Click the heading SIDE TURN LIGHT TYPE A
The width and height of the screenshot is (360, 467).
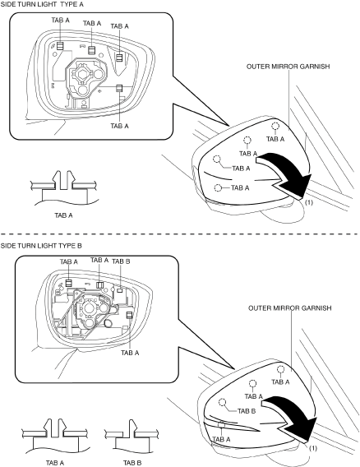[42, 4]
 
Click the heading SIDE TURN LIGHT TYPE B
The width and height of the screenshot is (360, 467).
[41, 246]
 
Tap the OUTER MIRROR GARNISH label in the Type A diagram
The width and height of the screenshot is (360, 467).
[288, 67]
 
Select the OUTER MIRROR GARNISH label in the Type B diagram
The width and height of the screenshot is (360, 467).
[290, 308]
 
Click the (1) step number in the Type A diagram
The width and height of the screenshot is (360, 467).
[309, 202]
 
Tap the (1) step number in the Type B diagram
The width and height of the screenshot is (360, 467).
[313, 448]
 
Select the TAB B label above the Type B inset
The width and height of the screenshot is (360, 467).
[121, 261]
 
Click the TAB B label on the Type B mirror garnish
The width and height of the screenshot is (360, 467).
[247, 411]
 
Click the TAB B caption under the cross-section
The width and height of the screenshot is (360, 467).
[132, 463]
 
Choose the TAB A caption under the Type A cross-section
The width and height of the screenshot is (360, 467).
[63, 215]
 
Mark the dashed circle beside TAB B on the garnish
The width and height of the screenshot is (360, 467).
[222, 402]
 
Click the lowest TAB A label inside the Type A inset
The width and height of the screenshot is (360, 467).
[120, 126]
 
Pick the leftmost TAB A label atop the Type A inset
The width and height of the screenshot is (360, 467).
[61, 20]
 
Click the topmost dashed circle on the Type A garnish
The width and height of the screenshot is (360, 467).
[275, 126]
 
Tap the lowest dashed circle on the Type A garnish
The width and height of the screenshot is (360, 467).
[218, 187]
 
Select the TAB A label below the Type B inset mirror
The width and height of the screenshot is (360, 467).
[130, 353]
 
